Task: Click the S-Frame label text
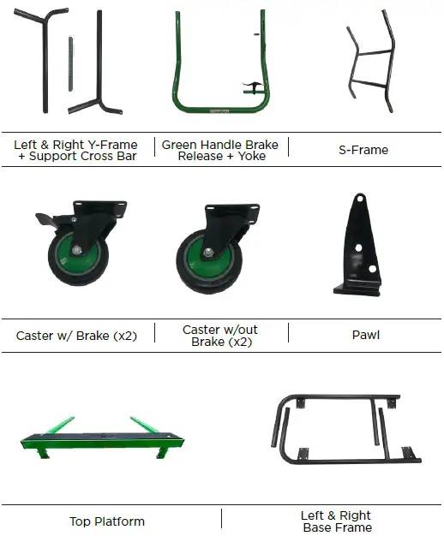click(x=363, y=150)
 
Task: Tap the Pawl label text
click(x=366, y=335)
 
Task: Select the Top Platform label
click(x=107, y=521)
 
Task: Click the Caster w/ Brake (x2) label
click(x=76, y=336)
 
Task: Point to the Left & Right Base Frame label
click(x=337, y=521)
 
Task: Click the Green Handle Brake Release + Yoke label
click(x=220, y=150)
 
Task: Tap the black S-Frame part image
click(x=371, y=62)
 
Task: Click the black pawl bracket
click(x=357, y=246)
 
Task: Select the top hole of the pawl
click(x=359, y=199)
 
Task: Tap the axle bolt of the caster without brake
click(x=207, y=253)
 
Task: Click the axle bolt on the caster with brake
click(x=76, y=249)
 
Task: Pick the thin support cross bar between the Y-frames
click(x=70, y=64)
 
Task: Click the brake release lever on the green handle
click(x=252, y=86)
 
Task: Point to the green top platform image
click(x=102, y=438)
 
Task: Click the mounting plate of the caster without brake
click(x=232, y=209)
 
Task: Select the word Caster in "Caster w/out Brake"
click(x=201, y=330)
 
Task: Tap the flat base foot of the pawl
click(x=357, y=289)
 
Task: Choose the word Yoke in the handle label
click(x=251, y=156)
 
